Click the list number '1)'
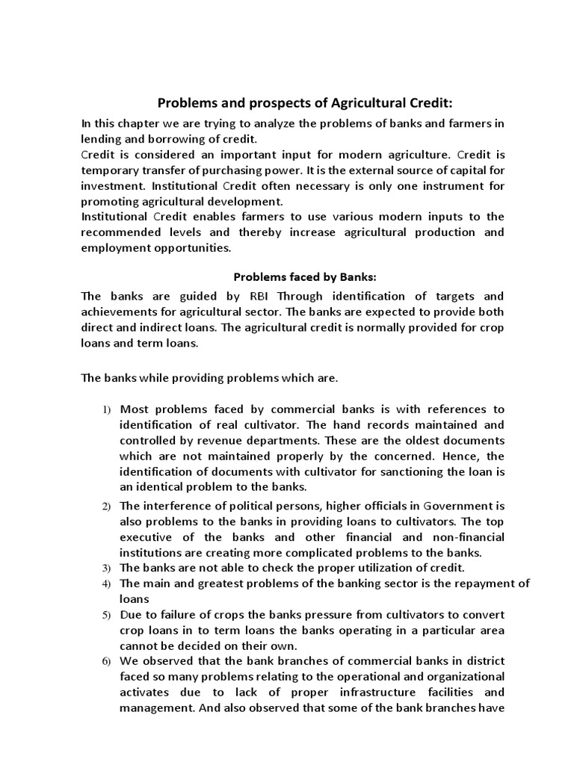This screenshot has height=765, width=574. [107, 409]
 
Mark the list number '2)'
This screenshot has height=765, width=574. [107, 507]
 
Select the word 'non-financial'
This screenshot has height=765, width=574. [469, 537]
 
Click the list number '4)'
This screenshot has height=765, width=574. [107, 583]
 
